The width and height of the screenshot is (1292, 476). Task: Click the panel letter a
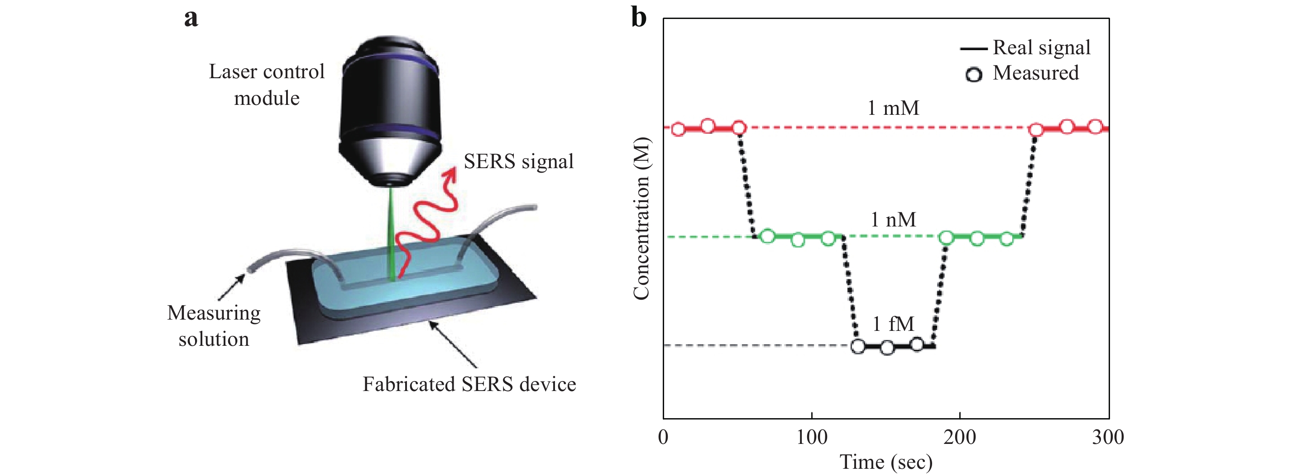191,19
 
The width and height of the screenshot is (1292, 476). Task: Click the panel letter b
638,18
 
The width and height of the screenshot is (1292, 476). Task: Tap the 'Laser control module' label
267,85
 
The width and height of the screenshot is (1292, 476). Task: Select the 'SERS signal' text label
519,161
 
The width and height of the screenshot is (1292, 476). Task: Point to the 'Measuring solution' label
214,325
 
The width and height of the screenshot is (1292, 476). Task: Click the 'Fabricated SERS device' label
469,384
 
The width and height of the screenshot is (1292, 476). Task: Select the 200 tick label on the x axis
959,438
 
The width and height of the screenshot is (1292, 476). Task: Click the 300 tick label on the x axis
1108,438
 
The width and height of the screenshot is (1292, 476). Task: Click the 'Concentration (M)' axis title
641,218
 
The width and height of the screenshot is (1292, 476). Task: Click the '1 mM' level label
893,108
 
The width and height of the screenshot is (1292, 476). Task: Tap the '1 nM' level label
893,219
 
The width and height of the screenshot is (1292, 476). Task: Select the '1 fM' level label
893,324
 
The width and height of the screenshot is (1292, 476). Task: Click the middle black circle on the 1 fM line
887,347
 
